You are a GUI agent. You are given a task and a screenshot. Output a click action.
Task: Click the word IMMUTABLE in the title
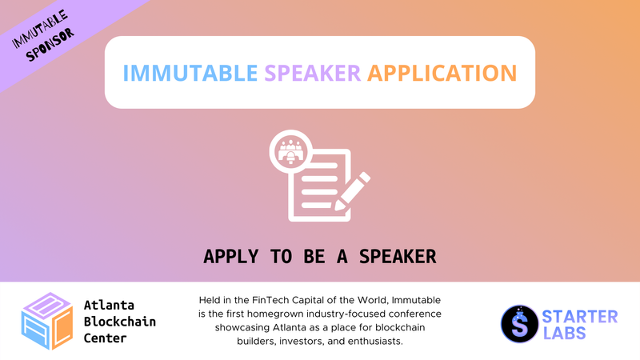(191, 73)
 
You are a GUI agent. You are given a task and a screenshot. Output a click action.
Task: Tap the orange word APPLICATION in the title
(442, 73)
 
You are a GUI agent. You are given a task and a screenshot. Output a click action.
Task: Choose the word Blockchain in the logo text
(120, 321)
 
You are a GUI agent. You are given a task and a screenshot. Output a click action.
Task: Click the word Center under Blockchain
(106, 337)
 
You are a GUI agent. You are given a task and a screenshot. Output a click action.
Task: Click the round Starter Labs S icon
(518, 322)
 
